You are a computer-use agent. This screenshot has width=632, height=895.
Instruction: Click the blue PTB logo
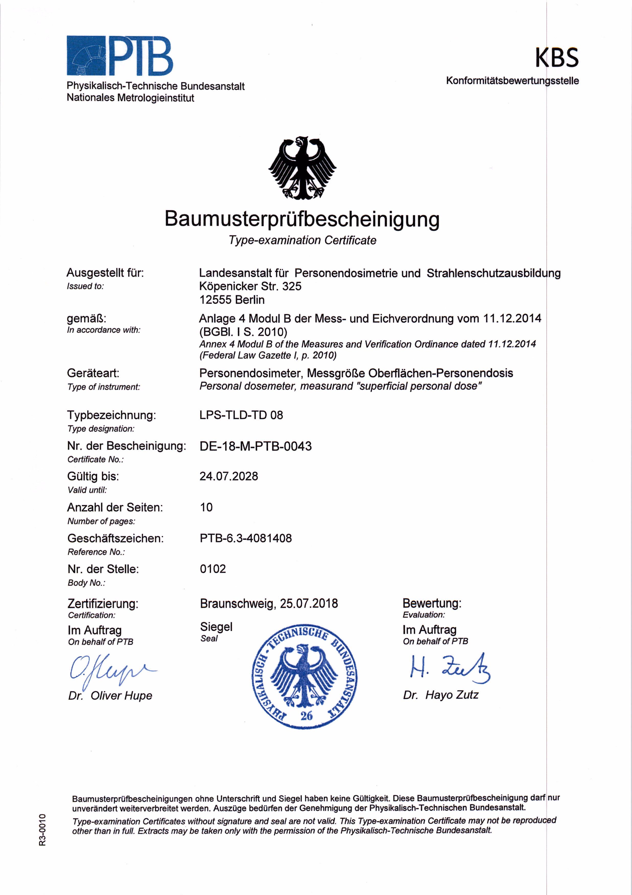click(x=119, y=55)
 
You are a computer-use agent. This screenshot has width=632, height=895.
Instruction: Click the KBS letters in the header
click(x=557, y=58)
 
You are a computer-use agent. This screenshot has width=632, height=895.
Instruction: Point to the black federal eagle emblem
click(x=302, y=168)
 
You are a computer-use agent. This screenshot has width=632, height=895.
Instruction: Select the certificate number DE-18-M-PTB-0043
click(x=255, y=446)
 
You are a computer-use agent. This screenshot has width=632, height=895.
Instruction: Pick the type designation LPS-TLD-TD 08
click(x=241, y=415)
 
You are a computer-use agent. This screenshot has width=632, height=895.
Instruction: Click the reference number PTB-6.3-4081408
click(x=246, y=538)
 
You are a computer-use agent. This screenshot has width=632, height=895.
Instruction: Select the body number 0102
click(x=213, y=569)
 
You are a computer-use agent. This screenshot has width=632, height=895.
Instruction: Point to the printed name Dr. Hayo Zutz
click(x=441, y=695)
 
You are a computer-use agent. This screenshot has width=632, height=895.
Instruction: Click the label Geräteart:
click(x=93, y=373)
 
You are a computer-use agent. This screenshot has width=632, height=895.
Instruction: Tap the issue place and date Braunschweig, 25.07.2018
click(x=269, y=604)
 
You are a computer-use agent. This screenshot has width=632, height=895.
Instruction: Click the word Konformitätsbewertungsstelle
click(x=512, y=81)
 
